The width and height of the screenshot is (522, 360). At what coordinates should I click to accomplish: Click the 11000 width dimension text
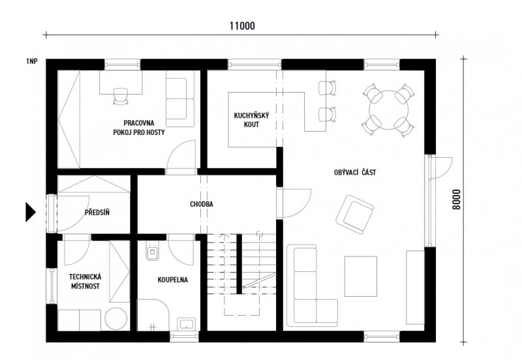click(242, 26)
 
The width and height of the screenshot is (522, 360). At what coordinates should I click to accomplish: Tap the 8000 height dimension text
click(457, 200)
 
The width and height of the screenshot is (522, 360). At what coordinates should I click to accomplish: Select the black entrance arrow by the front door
click(31, 212)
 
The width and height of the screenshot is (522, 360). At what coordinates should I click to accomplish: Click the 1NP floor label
click(31, 61)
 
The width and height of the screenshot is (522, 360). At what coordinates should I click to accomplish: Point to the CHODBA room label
click(202, 204)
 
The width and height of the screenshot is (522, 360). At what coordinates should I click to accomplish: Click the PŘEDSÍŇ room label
click(97, 212)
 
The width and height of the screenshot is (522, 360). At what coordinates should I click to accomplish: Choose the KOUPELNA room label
click(172, 280)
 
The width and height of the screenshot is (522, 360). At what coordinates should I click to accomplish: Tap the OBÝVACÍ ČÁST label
click(355, 172)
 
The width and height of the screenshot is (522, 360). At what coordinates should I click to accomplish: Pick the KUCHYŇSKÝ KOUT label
click(251, 120)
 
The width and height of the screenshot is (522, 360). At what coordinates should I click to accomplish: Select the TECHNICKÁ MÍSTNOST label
click(85, 282)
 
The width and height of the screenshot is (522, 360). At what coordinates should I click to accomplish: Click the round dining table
click(388, 110)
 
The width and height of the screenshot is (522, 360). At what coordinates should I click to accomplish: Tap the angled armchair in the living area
click(354, 215)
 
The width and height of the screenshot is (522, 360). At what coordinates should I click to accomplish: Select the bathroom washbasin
click(187, 323)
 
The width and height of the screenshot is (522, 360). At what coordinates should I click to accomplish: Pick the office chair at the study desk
click(121, 96)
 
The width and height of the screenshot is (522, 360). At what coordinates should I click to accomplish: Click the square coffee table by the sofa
click(361, 276)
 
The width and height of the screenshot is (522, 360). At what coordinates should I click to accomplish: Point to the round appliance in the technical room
click(116, 318)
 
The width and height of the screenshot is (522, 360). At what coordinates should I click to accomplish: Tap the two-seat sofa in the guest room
click(180, 98)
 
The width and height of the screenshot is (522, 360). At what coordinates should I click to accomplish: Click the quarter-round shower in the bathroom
click(153, 315)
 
